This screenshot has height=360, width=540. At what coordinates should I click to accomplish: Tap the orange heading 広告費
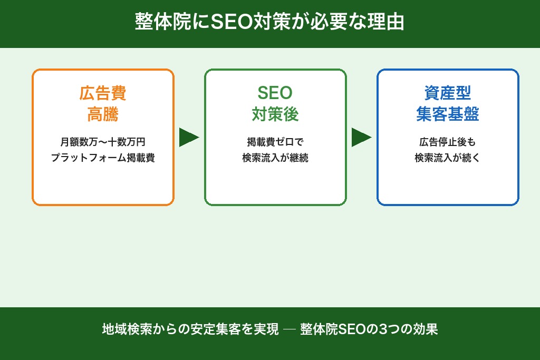point(103,93)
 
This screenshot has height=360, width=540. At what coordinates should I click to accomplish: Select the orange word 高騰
point(103,114)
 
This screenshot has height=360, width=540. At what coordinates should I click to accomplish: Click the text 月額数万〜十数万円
point(103,142)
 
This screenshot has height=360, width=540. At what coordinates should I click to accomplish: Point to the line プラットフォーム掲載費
point(103,158)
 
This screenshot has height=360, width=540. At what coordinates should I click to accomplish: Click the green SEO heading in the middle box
point(275,93)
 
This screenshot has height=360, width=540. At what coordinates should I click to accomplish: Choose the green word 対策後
point(275,114)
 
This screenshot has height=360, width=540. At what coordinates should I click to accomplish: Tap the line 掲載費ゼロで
point(275,142)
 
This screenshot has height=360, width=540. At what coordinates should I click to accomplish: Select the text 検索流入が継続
point(275,158)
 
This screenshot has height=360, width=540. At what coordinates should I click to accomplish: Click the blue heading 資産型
point(448,93)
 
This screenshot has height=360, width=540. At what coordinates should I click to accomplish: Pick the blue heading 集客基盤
point(448,114)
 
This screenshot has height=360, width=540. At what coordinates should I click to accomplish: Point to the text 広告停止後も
point(448,142)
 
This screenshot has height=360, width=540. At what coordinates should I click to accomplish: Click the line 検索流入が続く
point(448,158)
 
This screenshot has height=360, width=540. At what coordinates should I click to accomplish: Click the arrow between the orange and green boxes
point(188,137)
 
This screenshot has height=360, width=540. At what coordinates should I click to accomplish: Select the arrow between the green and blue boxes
point(361,137)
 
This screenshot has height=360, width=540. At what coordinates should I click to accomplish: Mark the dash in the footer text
point(289,330)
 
